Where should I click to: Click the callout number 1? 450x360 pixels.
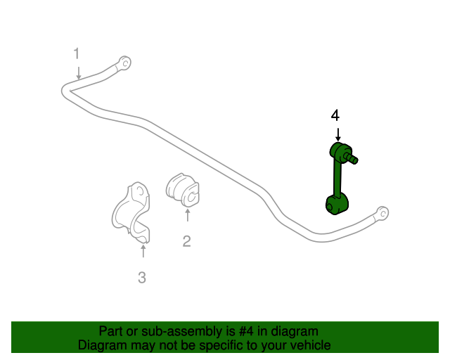coord(77,53)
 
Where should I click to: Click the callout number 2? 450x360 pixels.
coord(186,241)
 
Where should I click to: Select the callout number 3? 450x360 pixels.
coord(142,278)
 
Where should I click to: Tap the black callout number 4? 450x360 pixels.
coord(335,115)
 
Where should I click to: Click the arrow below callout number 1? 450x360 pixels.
coord(78,72)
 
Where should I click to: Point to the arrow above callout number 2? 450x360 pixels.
coord(188,215)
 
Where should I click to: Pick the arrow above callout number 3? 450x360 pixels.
coord(143,250)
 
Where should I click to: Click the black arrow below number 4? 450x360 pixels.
coord(338,134)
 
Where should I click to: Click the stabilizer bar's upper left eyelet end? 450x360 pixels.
coord(125,63)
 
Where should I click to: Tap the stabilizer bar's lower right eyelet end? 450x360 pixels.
coord(382,213)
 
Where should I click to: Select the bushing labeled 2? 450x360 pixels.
coord(183,189)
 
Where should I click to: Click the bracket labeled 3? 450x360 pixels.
coord(131,212)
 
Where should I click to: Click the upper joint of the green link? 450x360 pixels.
coord(340,150)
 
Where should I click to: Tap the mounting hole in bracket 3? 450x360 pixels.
coord(140,191)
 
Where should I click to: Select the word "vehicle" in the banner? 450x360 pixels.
coord(314,345)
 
